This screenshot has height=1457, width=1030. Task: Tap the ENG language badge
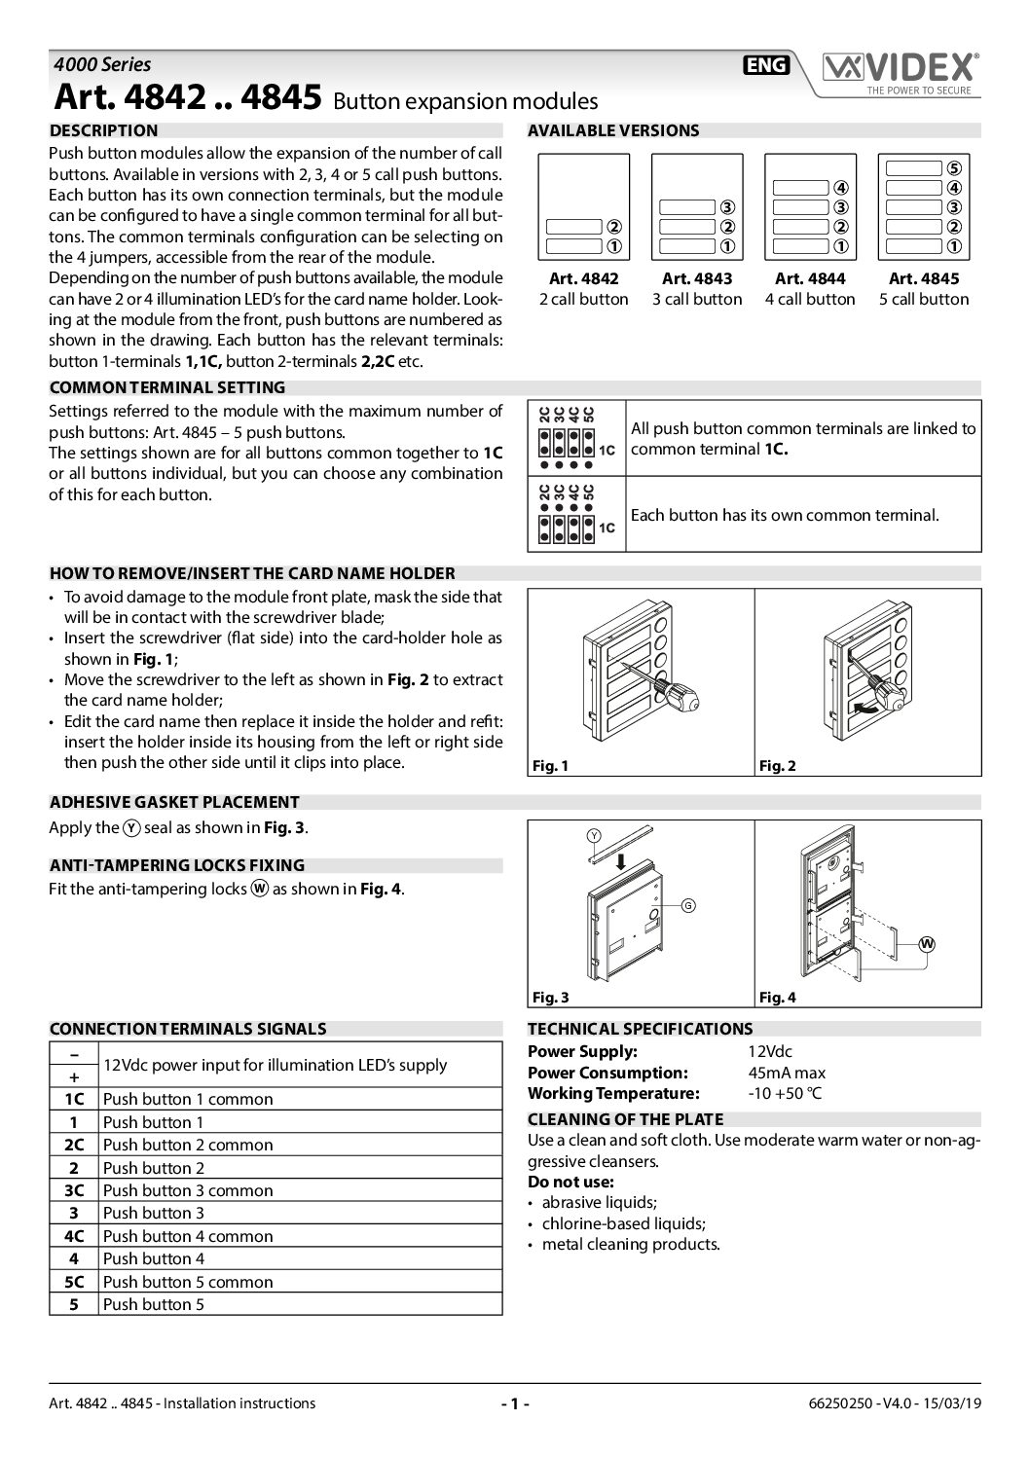[766, 65]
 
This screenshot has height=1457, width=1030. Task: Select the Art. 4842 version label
[584, 278]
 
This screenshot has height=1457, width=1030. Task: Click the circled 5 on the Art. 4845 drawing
[954, 167]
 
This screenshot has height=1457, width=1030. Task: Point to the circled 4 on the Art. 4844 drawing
[841, 187]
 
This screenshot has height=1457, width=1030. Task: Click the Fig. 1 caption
[550, 766]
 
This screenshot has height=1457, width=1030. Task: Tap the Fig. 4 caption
[778, 998]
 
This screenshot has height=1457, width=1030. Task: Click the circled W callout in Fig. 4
[927, 943]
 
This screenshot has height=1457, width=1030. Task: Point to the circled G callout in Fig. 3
[687, 905]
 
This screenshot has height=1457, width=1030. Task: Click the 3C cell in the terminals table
[74, 1190]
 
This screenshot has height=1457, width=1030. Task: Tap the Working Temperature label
[613, 1093]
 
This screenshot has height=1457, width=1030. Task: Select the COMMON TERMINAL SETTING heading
[166, 386]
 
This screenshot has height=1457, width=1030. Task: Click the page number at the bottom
[514, 1402]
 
